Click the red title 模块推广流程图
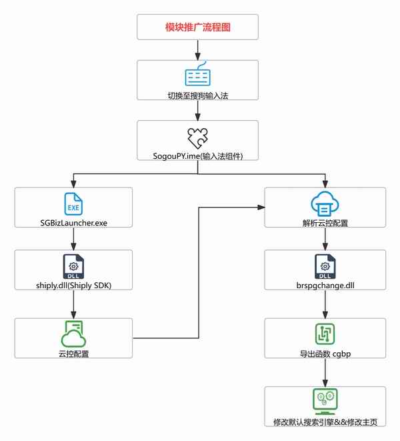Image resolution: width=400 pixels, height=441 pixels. (x=197, y=28)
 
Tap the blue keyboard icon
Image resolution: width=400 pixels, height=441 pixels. (x=197, y=75)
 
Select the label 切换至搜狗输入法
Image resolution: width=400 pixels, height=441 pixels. (x=197, y=95)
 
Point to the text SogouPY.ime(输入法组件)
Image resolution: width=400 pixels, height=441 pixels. (x=197, y=155)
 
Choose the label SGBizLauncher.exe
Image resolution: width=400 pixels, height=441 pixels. (x=73, y=222)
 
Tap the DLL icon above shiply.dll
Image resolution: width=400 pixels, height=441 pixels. (x=73, y=266)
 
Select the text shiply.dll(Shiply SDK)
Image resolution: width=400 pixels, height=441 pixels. (x=73, y=286)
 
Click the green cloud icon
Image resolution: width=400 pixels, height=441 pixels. (x=73, y=332)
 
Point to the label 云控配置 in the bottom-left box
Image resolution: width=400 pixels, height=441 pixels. (x=73, y=352)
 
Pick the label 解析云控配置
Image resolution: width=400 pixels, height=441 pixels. (x=325, y=222)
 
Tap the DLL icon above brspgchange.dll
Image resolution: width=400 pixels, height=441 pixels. (x=325, y=266)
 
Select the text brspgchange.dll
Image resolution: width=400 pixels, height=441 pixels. (x=325, y=286)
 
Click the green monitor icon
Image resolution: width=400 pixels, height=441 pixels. (x=325, y=401)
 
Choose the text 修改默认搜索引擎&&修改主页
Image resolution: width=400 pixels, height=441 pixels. (x=325, y=422)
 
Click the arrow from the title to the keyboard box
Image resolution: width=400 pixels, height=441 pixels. (x=197, y=49)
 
